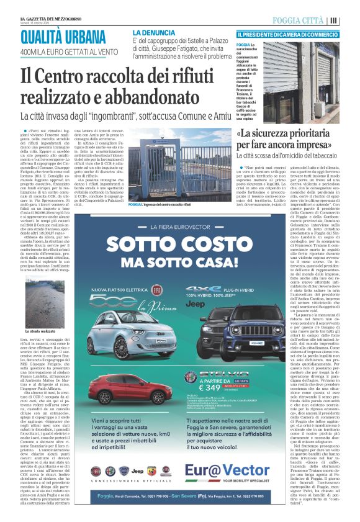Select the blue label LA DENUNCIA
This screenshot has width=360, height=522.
click(154, 32)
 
